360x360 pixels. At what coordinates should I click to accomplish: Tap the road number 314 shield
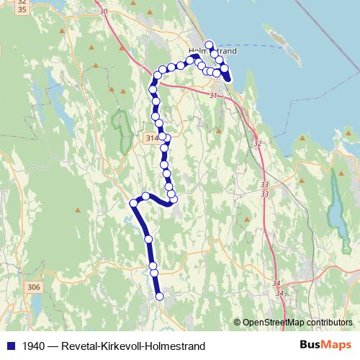click(x=150, y=137)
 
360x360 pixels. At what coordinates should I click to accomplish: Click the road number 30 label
click(x=104, y=12)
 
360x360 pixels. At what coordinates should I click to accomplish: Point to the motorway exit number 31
click(x=212, y=95)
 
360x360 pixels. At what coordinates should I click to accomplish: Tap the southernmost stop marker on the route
click(x=159, y=296)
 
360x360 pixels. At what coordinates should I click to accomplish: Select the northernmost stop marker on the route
click(x=210, y=45)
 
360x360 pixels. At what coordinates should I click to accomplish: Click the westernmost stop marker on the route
click(x=133, y=204)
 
